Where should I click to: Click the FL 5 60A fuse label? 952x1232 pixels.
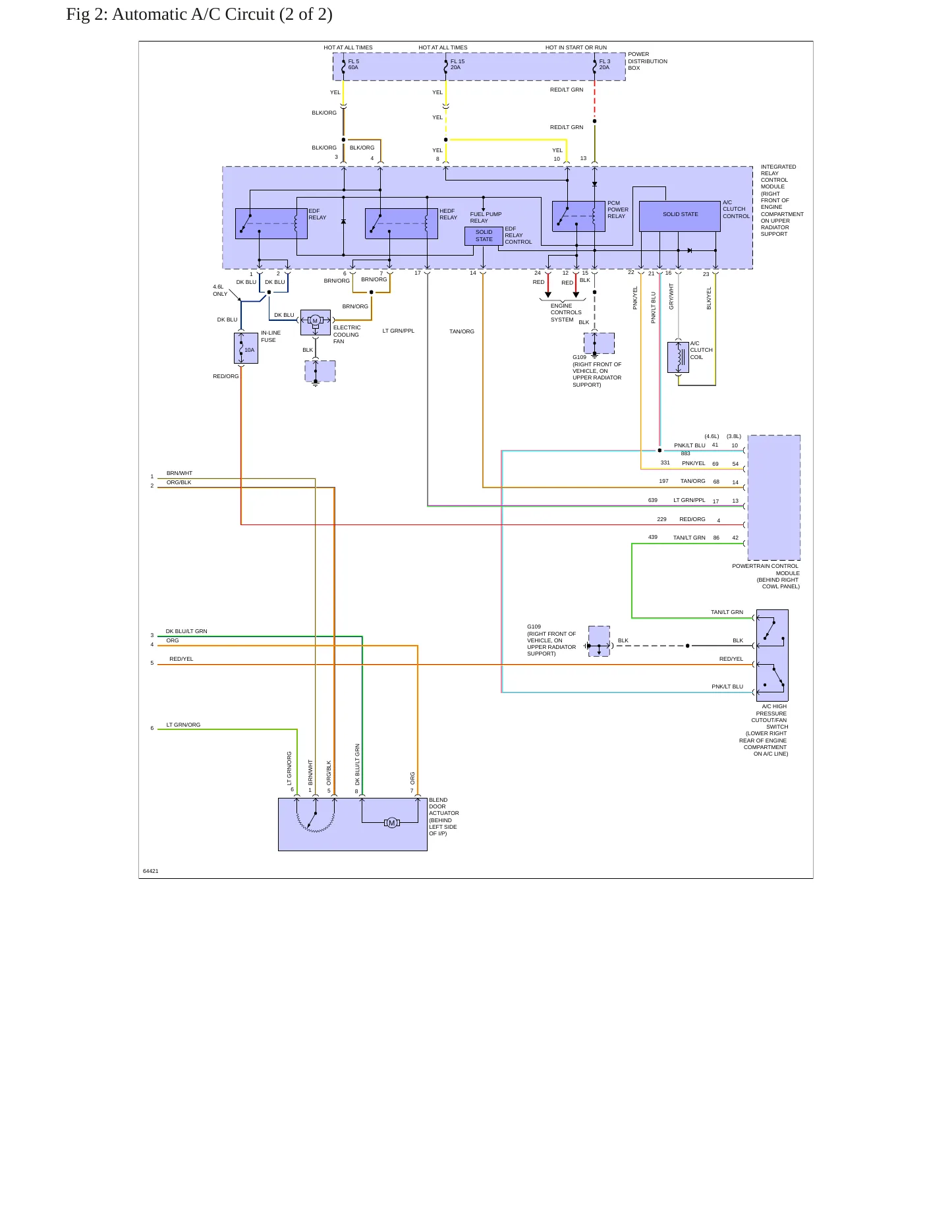[x=354, y=65]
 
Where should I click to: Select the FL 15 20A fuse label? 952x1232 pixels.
[x=457, y=65]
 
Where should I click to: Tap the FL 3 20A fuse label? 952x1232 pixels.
[x=605, y=65]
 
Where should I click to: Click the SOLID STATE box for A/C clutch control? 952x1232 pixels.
[x=680, y=216]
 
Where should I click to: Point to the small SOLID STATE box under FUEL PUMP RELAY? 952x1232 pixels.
[x=484, y=236]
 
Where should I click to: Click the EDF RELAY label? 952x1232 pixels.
[x=318, y=214]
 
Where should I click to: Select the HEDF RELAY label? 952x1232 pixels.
[x=449, y=214]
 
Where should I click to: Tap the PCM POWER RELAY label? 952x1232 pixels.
[x=618, y=210]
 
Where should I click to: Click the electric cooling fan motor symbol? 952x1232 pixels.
[x=315, y=322]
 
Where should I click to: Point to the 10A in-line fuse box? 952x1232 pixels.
[x=246, y=348]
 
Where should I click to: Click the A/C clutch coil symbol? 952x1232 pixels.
[x=678, y=357]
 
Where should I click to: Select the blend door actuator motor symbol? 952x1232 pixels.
[x=392, y=823]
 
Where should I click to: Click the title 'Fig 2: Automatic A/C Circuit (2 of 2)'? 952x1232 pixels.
[x=199, y=14]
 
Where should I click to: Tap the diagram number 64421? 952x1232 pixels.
[x=151, y=871]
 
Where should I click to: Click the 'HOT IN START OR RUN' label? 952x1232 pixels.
[x=576, y=47]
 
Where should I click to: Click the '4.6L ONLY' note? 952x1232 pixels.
[x=220, y=291]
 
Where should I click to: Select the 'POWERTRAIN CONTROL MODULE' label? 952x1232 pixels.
[x=766, y=569]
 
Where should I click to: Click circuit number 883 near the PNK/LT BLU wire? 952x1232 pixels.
[x=686, y=453]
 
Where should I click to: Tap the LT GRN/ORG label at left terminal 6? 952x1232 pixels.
[x=183, y=725]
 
